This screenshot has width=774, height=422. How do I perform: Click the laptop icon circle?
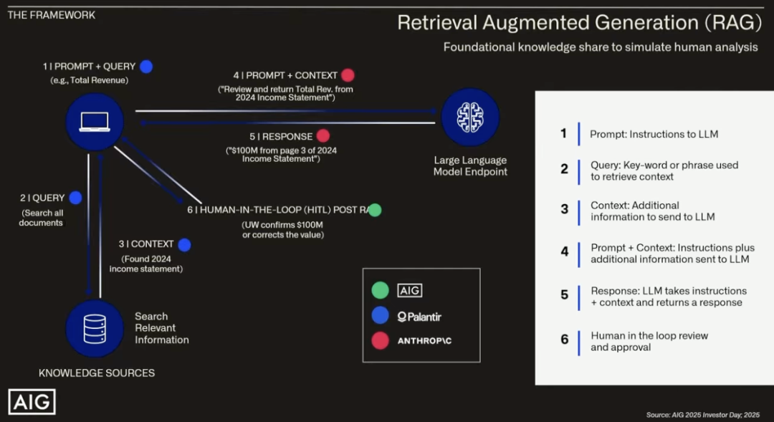point(95,122)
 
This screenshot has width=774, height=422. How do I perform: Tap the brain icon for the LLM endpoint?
point(469,117)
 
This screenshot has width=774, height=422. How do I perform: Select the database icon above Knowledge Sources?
point(95,329)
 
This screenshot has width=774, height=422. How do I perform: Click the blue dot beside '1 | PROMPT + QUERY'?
point(146,67)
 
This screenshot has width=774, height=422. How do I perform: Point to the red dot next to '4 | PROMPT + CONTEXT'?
point(348,75)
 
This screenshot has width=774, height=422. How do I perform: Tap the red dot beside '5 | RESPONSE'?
point(323,136)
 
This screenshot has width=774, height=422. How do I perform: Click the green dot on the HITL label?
point(374,210)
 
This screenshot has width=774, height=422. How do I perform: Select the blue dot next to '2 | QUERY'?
point(75,198)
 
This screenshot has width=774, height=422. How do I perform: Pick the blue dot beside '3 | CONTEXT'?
point(184,244)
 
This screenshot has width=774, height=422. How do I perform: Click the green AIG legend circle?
point(381,290)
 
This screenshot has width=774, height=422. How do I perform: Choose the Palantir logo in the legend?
point(419,316)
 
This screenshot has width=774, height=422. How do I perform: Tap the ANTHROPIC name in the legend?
point(424,341)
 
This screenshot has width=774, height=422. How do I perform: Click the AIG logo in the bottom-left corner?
point(32,402)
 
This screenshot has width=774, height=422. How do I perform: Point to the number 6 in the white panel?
point(564,340)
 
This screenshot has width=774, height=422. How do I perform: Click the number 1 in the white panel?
point(564,133)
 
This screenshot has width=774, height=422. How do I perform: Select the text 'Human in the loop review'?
point(649,335)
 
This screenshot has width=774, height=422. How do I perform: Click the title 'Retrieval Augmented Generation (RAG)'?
point(579,23)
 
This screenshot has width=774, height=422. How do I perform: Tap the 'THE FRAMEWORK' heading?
point(52,15)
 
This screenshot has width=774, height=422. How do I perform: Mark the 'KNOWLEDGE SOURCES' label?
point(96,373)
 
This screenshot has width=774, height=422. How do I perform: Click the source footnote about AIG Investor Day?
point(702,414)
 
